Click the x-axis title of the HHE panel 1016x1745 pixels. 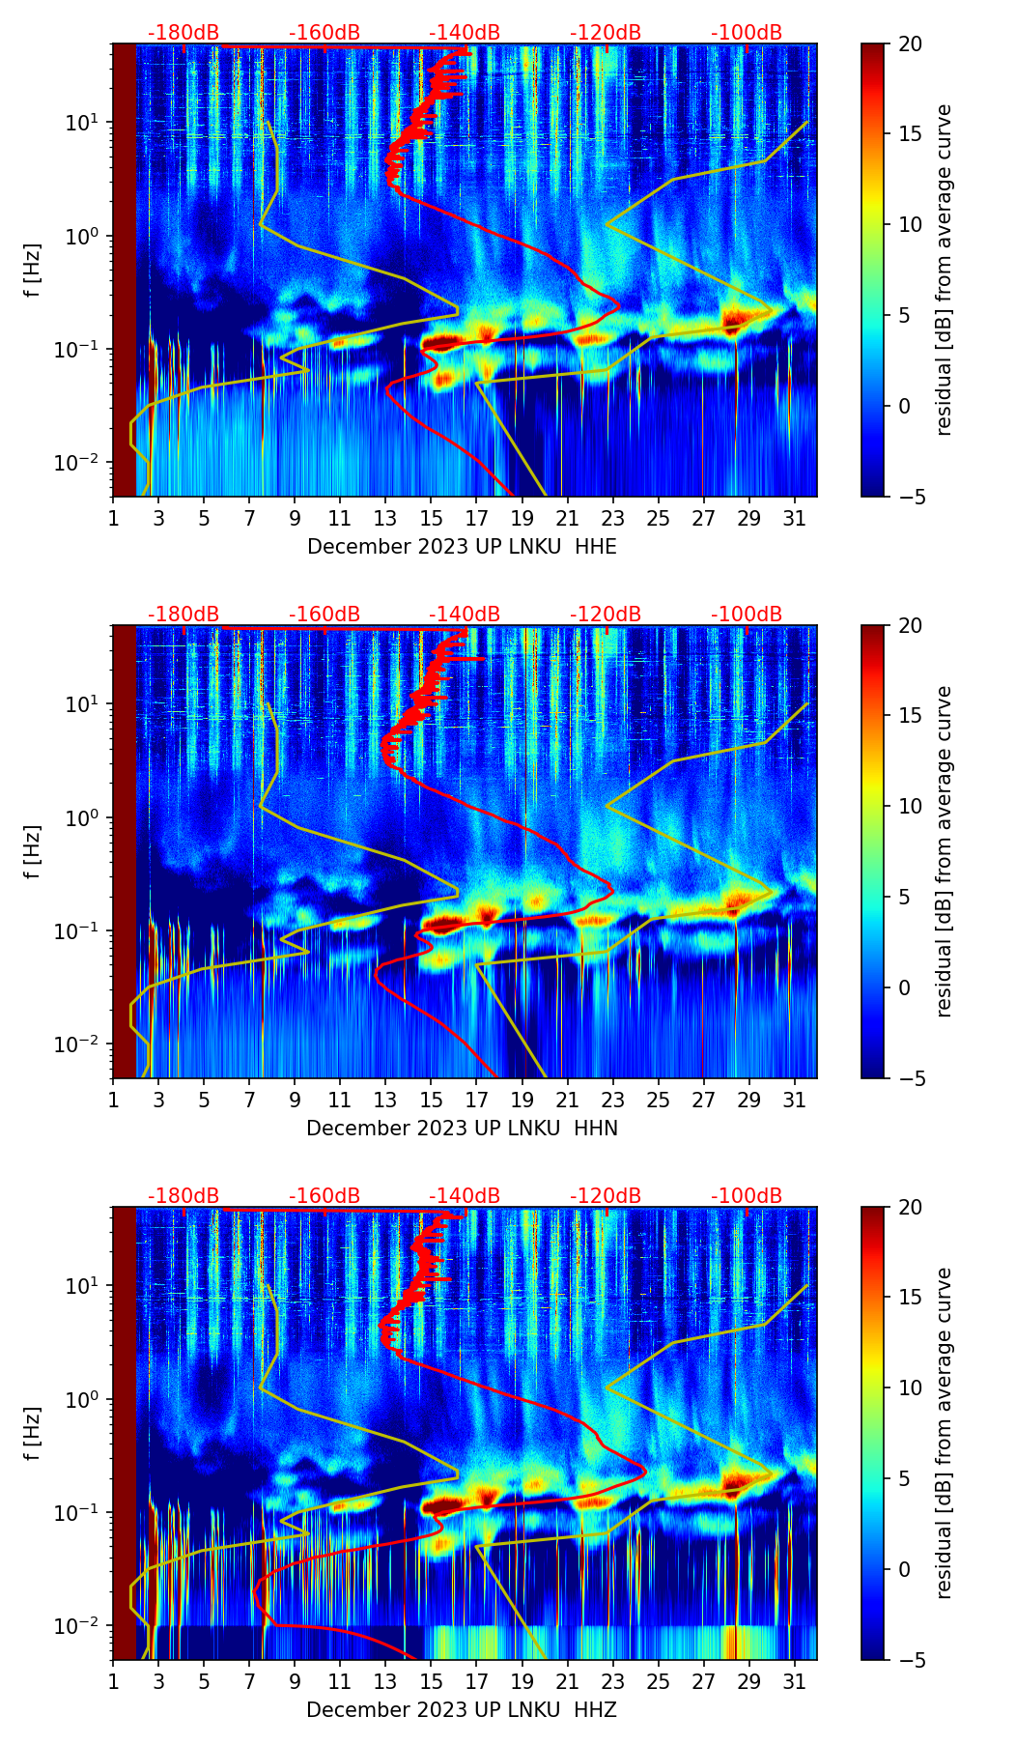point(462,547)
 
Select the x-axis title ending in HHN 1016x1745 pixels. point(462,1129)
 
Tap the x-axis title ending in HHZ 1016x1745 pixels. point(462,1710)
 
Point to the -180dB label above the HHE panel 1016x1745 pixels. point(183,33)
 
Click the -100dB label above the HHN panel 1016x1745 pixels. point(747,615)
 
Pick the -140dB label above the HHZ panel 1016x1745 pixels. point(465,1196)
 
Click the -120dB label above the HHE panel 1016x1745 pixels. point(606,33)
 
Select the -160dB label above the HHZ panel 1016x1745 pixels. point(325,1196)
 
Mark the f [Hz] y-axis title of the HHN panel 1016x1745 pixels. point(33,851)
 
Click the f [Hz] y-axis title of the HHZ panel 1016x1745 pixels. point(33,1433)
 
